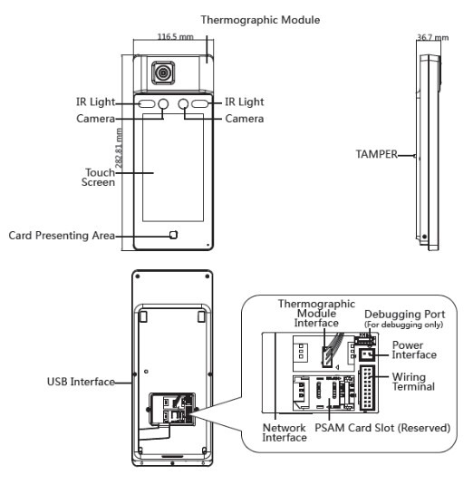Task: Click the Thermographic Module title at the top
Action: coord(260,20)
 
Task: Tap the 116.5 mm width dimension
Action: coord(175,37)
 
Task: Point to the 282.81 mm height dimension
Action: coord(119,148)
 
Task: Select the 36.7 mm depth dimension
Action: coord(432,37)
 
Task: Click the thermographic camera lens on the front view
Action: coord(162,73)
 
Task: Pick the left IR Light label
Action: coord(95,102)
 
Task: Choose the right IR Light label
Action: coord(245,102)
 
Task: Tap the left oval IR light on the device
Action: coord(146,103)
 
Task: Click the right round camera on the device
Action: coord(183,103)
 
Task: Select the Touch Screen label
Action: coord(98,178)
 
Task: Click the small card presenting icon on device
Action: coord(173,235)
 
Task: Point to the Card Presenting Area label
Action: coord(62,236)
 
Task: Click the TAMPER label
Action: coord(377,154)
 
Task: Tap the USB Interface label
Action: coord(81,382)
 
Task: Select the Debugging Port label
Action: coord(405,315)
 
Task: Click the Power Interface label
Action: coord(414,350)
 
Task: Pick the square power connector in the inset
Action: coord(367,354)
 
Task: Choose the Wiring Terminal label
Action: coord(413,382)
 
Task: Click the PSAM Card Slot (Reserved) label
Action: coord(382,428)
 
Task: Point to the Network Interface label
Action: coord(285,432)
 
